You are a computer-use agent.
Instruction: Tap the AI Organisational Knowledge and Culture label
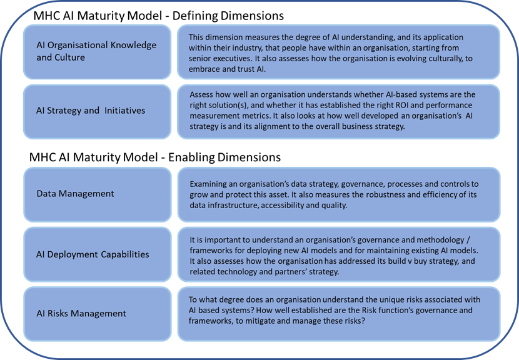tap(96, 51)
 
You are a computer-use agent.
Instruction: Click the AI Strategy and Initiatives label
tap(91, 110)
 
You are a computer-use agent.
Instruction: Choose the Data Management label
tap(75, 194)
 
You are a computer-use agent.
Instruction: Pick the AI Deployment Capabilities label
tap(93, 254)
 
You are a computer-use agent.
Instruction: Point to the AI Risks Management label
tap(81, 313)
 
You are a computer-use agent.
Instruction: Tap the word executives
tap(234, 59)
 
